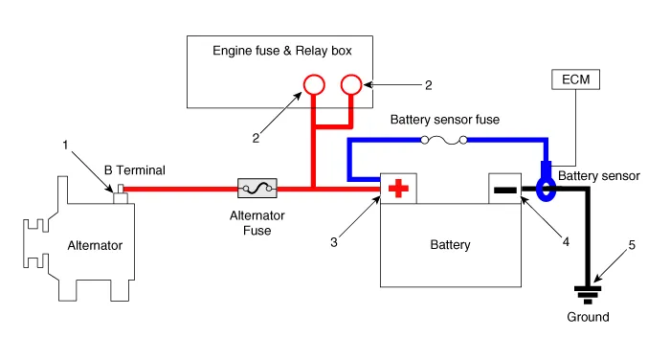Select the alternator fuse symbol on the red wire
point(257,189)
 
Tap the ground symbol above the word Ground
point(587,293)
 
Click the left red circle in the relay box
point(312,84)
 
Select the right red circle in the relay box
point(351,84)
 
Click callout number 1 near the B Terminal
point(66,146)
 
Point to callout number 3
point(333,243)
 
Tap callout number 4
point(566,242)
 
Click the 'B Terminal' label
point(135,170)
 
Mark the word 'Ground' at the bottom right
point(587,318)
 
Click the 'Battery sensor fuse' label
point(446,121)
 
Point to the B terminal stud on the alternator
point(120,199)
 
